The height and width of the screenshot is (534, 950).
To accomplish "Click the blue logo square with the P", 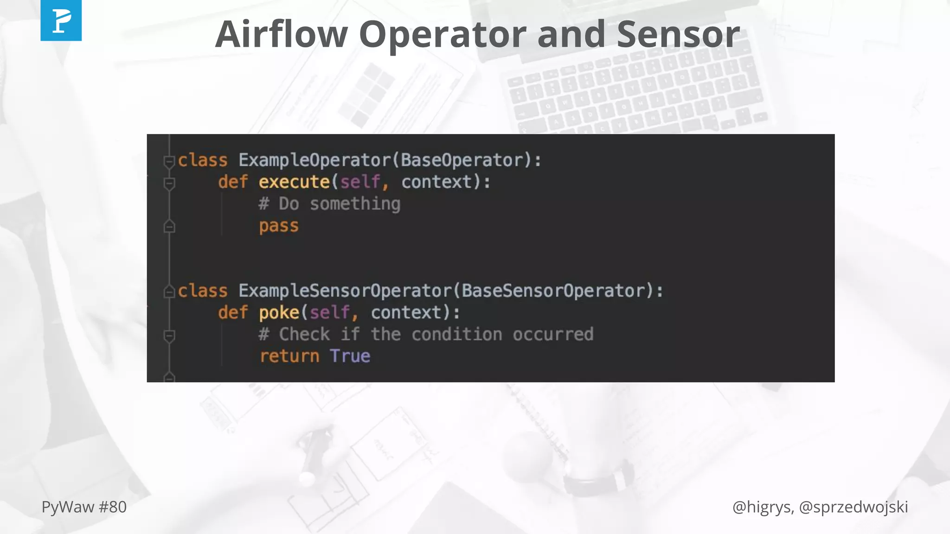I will click(x=61, y=20).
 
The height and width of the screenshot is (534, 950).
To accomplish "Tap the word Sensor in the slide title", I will click(x=678, y=34).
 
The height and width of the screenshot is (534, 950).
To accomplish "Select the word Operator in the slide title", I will click(x=442, y=34).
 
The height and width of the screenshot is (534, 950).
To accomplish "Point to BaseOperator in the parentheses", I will click(x=462, y=160).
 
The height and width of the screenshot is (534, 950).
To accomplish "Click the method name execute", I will click(x=294, y=182).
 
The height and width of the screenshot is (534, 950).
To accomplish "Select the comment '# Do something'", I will click(x=329, y=203).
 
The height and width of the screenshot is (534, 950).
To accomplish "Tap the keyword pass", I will click(x=278, y=226).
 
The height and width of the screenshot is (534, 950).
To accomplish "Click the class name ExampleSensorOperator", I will click(x=345, y=291).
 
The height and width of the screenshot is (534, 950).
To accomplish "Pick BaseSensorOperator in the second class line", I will click(x=553, y=291).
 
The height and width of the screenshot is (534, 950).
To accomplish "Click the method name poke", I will click(x=279, y=312).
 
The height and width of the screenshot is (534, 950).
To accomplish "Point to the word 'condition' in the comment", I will click(x=456, y=334).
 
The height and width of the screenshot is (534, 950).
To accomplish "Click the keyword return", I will click(x=289, y=356).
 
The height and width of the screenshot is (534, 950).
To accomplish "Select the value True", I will click(x=350, y=356).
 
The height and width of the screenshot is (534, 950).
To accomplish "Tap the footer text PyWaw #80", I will click(x=84, y=507).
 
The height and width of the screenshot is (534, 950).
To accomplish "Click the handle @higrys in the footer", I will click(x=762, y=507).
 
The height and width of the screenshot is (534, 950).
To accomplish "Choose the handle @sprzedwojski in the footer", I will click(x=854, y=507).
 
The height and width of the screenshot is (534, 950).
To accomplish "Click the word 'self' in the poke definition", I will click(x=329, y=312).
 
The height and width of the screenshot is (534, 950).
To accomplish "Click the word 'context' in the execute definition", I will click(x=436, y=182).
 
